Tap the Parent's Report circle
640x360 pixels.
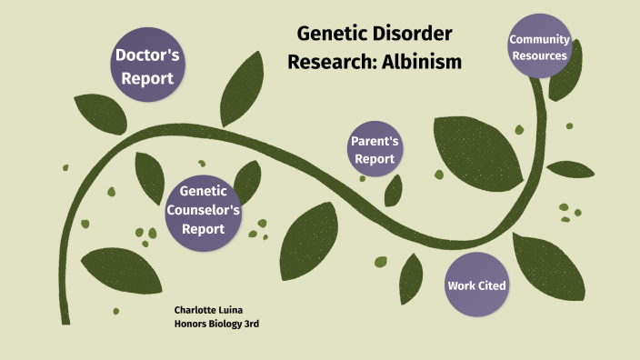pyautogui.click(x=375, y=150)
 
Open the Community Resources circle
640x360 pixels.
pyautogui.click(x=539, y=47)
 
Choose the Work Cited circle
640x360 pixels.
pyautogui.click(x=476, y=285)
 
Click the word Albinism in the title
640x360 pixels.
pyautogui.click(x=422, y=62)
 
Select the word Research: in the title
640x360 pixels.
pyautogui.click(x=332, y=62)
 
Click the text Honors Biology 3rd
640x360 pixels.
pyautogui.click(x=216, y=325)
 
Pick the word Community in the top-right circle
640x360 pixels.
pyautogui.click(x=539, y=39)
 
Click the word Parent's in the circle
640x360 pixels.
pyautogui.click(x=375, y=142)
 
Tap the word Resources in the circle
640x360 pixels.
pyautogui.click(x=539, y=56)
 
